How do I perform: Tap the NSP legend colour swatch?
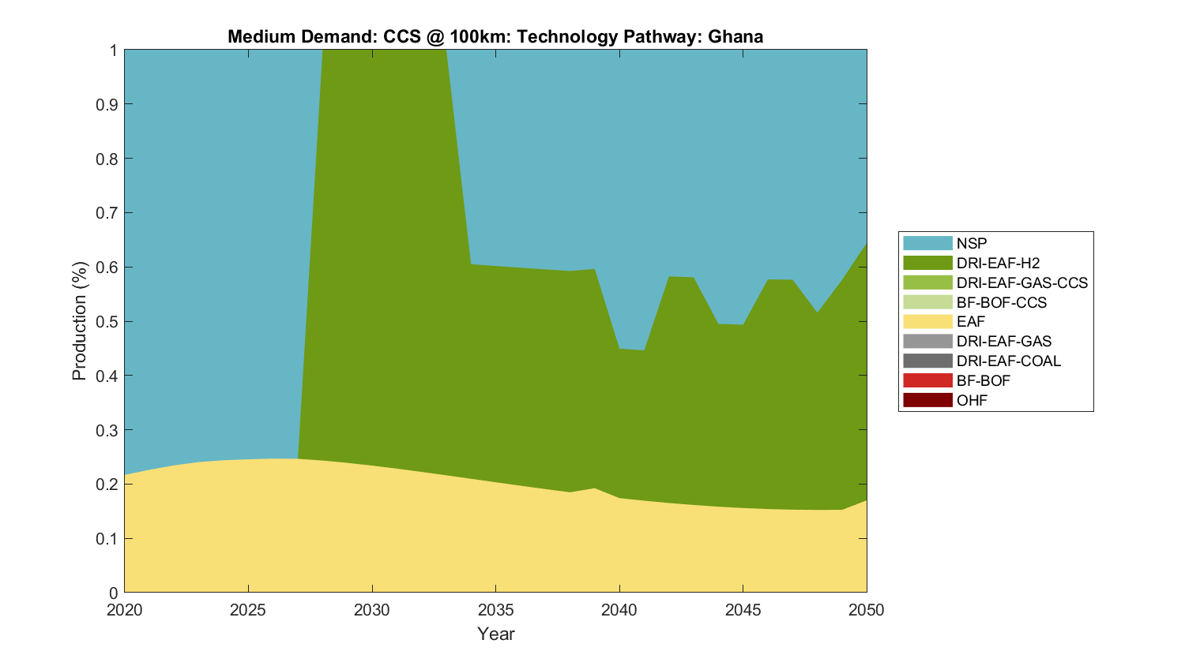pyautogui.click(x=927, y=243)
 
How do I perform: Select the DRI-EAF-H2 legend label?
pyautogui.click(x=998, y=263)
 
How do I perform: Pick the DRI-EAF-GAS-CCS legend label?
pyautogui.click(x=1021, y=282)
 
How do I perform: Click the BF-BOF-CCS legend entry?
pyautogui.click(x=1001, y=302)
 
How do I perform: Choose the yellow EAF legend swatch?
pyautogui.click(x=927, y=321)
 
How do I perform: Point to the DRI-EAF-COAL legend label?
pyautogui.click(x=1008, y=361)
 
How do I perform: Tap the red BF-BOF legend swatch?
pyautogui.click(x=927, y=380)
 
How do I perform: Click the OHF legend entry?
pyautogui.click(x=972, y=400)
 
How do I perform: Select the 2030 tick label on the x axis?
pyautogui.click(x=371, y=610)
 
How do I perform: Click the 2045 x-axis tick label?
pyautogui.click(x=743, y=610)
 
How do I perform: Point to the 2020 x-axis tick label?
pyautogui.click(x=124, y=610)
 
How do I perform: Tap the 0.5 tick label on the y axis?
pyautogui.click(x=107, y=322)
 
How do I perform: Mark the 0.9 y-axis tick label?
pyautogui.click(x=107, y=104)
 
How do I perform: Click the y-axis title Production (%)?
pyautogui.click(x=79, y=321)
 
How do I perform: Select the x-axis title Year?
pyautogui.click(x=495, y=634)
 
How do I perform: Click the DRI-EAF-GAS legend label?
pyautogui.click(x=1003, y=341)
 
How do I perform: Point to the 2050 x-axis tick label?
pyautogui.click(x=867, y=610)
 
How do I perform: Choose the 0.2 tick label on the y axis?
pyautogui.click(x=107, y=485)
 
